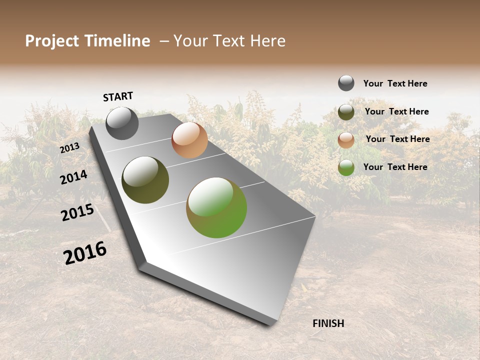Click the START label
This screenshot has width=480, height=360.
pos(118,96)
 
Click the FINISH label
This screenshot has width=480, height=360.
pos(328,323)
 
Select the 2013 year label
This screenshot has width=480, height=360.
pos(69,148)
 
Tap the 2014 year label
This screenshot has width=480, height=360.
pos(73,177)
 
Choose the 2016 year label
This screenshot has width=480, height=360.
pos(85,253)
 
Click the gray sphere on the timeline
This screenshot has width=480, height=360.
pos(122,123)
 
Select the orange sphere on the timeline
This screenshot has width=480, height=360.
pos(189,140)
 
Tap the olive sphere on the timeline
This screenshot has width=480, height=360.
pos(145,180)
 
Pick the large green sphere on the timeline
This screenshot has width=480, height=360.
pos(216,207)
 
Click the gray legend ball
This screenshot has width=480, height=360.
pos(346,83)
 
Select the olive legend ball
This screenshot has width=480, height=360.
pos(346,112)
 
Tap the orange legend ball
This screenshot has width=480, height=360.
pos(346,140)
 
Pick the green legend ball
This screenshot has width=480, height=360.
pos(346,167)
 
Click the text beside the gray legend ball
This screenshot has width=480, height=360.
pos(395,83)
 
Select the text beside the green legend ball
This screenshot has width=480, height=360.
pos(395,167)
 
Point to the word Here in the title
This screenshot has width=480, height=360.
pos(267,41)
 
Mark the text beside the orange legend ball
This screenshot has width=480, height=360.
pos(397,139)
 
